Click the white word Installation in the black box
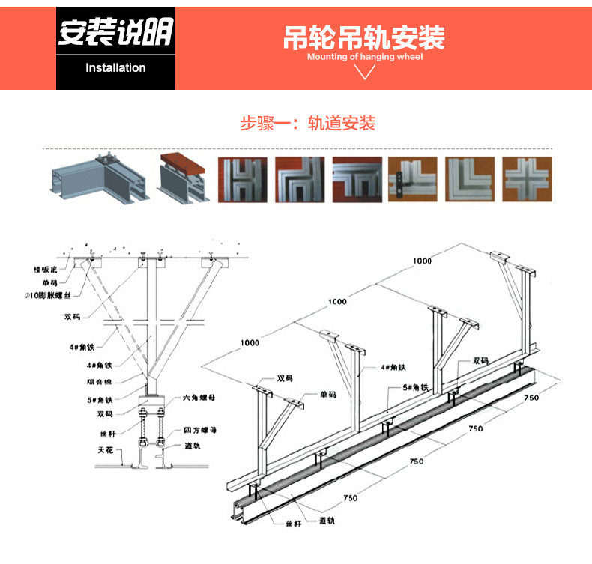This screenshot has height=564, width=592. coord(115,68)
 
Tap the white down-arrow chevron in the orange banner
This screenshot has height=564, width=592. coord(365,72)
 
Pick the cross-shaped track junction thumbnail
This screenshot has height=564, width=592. coord(528,179)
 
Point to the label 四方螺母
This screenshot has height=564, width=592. coord(200,431)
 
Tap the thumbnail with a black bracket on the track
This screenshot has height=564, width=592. coord(412,179)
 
